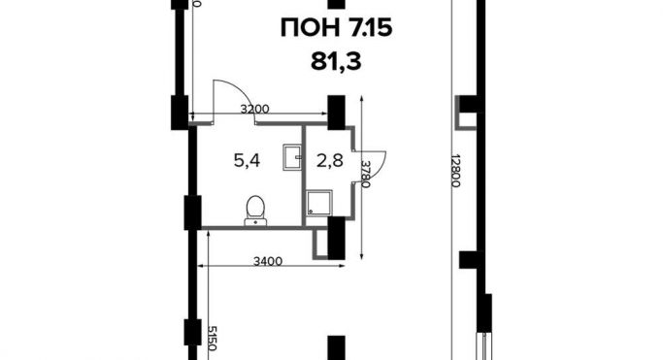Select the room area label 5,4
[247, 160]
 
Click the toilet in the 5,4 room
[255, 208]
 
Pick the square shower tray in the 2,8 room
[318, 203]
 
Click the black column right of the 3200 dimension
[337, 111]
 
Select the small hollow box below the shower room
[320, 245]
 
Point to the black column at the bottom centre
[337, 348]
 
